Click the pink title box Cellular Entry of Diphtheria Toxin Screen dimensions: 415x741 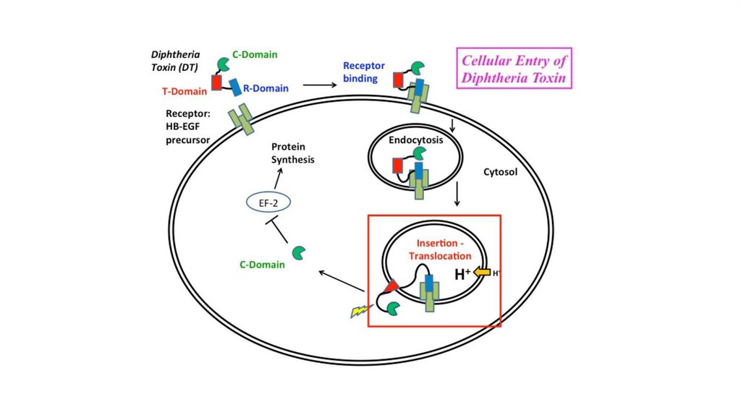(514, 68)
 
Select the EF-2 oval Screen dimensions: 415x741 (268, 204)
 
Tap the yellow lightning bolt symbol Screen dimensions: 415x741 (360, 311)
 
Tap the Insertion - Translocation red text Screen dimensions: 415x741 (439, 250)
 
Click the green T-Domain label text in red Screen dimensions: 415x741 (184, 90)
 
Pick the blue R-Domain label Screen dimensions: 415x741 (266, 89)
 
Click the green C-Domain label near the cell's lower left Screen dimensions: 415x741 (262, 265)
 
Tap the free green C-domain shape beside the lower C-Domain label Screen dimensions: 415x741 (298, 253)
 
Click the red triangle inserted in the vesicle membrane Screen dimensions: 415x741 (391, 288)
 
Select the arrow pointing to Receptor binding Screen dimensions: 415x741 (320, 85)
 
